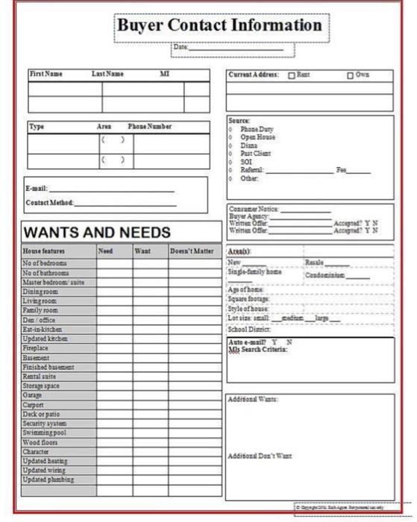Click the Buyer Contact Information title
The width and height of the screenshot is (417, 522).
[220, 25]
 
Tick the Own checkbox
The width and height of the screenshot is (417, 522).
[350, 75]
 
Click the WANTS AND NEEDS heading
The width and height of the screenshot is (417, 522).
[97, 233]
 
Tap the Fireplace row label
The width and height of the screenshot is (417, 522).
[37, 348]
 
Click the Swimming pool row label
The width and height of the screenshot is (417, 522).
[45, 433]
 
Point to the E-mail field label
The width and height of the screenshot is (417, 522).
[37, 189]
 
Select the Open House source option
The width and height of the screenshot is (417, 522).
[257, 137]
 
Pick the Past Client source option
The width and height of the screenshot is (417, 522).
[256, 154]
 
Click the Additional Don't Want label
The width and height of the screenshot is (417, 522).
[259, 455]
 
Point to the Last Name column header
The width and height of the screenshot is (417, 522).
[107, 75]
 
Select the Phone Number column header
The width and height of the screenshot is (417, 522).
[149, 127]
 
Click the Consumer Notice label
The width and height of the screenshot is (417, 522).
[253, 209]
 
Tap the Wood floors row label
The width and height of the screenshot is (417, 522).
[41, 442]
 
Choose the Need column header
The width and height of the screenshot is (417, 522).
[106, 251]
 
